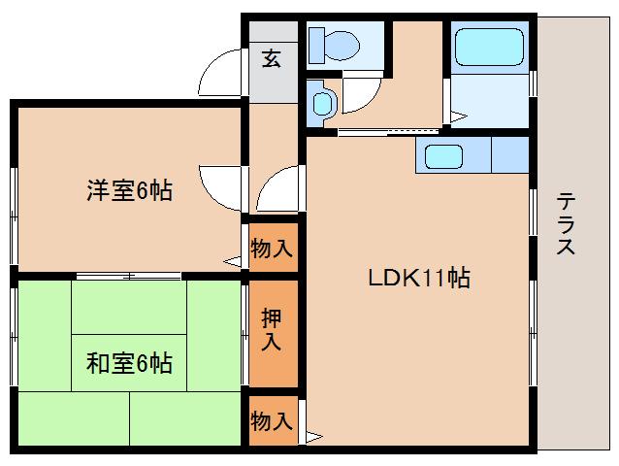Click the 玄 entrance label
(272, 59)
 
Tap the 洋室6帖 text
(130, 190)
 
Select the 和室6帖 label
(130, 364)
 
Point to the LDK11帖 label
(418, 279)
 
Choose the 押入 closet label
(272, 330)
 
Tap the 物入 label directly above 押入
(272, 248)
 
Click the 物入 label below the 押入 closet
(272, 420)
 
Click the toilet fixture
(336, 44)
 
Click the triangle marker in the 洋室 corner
(232, 260)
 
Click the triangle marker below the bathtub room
(457, 117)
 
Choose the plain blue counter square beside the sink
(510, 155)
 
